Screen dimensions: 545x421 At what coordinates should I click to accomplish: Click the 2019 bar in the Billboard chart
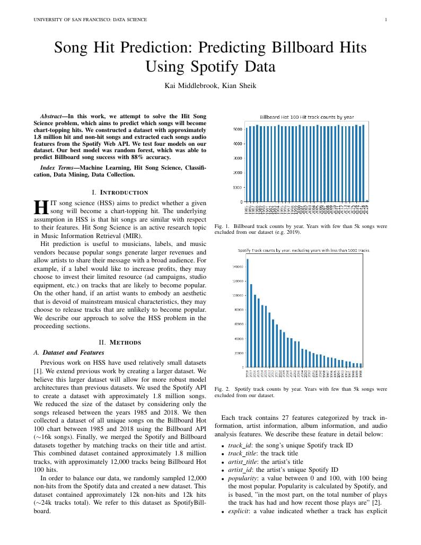tap(367, 201)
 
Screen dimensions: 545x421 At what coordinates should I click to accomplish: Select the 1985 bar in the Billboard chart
tap(247, 164)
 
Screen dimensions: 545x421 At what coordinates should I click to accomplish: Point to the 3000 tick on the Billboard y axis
tap(238, 158)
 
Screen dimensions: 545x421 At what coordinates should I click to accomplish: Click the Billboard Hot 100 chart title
tap(306, 117)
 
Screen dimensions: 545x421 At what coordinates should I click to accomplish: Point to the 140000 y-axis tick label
tap(237, 267)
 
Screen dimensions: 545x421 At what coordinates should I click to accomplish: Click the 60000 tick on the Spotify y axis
tap(238, 324)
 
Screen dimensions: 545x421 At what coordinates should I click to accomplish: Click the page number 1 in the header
tap(386, 20)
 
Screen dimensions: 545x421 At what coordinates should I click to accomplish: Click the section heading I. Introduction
tap(120, 192)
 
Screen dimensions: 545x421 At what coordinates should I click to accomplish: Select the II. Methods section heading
tap(120, 342)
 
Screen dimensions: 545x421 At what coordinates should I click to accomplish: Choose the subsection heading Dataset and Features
tap(73, 352)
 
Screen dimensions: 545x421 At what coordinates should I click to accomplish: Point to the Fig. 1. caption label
tap(221, 226)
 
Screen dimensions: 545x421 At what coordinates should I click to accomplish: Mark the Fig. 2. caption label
tap(221, 389)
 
